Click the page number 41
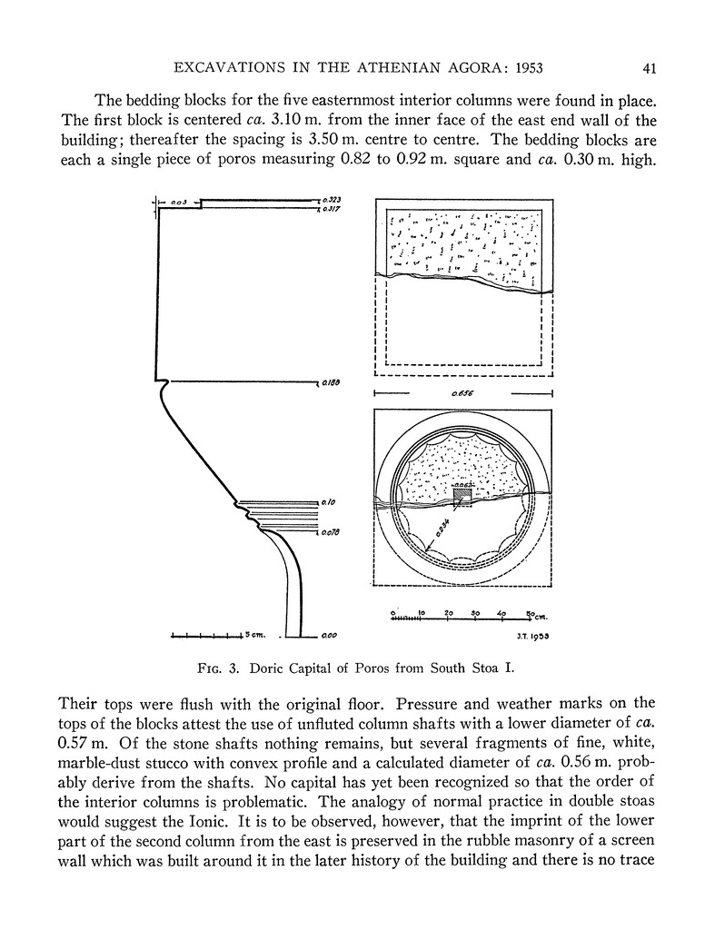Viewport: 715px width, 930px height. click(x=649, y=67)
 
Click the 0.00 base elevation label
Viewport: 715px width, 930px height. click(x=329, y=637)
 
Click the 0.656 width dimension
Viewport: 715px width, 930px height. click(x=463, y=394)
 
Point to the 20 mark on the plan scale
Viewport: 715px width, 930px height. click(x=449, y=613)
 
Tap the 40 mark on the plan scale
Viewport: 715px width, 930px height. click(x=501, y=613)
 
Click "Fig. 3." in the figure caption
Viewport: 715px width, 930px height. click(x=219, y=670)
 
